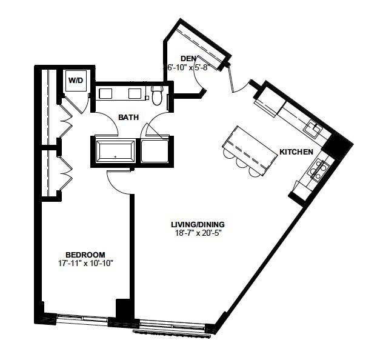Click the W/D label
[76, 80]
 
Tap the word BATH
[128, 118]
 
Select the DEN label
[188, 59]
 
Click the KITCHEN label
[296, 152]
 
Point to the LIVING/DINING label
[198, 224]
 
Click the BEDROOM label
[85, 255]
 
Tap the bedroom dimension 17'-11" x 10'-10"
[85, 263]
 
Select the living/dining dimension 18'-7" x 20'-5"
[198, 233]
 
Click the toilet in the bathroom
[157, 96]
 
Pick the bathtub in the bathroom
[116, 152]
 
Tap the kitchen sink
[314, 128]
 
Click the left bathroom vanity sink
[105, 93]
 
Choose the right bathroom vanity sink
[135, 93]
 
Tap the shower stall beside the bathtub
[155, 151]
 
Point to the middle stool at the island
[242, 162]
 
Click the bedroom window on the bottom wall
[83, 318]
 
